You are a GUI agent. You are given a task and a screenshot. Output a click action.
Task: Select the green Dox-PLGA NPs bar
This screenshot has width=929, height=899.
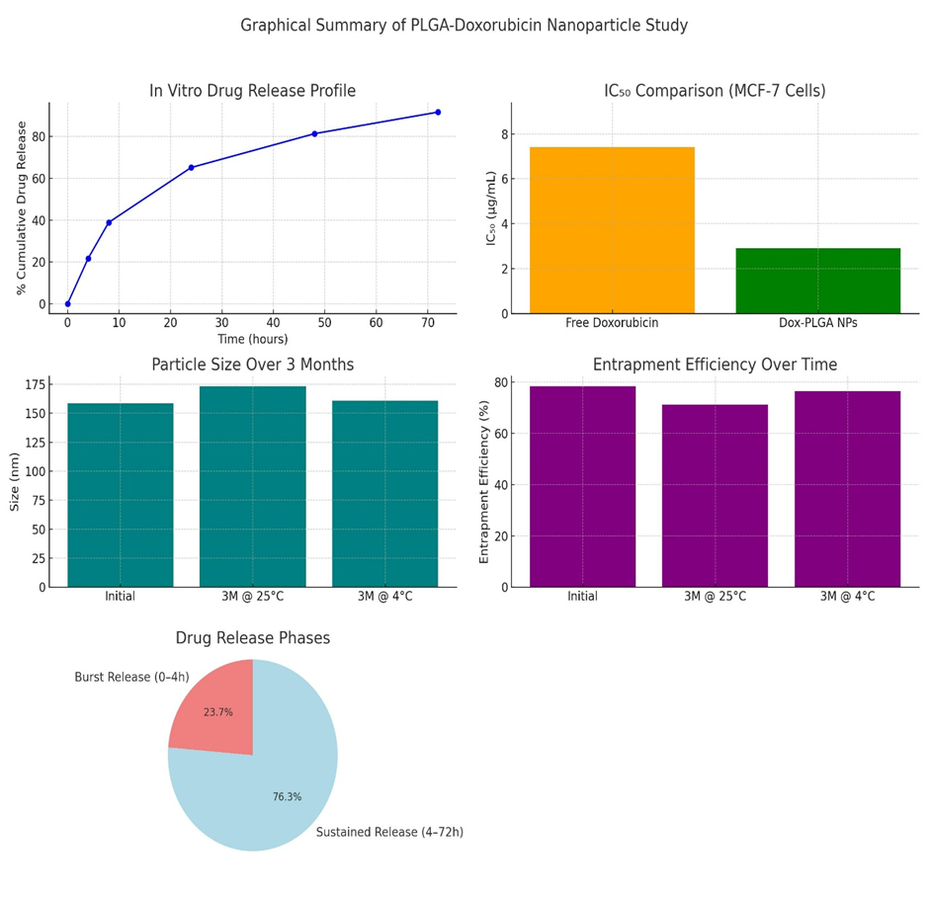817,281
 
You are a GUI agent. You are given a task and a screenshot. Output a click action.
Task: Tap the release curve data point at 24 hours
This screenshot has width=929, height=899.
191,168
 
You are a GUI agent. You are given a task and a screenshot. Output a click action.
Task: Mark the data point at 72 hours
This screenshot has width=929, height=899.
438,112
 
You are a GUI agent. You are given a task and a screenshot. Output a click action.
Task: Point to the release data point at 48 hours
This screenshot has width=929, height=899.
314,133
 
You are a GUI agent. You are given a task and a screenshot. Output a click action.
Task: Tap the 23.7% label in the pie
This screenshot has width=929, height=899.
217,712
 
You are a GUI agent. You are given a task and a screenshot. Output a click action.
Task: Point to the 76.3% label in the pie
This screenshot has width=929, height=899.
287,797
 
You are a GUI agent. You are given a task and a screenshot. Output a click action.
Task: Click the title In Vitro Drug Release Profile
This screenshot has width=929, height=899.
252,91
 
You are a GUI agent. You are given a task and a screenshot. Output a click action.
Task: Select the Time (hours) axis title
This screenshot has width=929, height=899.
252,339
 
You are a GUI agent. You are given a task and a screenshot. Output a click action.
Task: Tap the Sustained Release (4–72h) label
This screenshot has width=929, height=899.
389,833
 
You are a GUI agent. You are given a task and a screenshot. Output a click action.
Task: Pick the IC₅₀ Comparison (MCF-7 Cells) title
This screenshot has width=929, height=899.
715,91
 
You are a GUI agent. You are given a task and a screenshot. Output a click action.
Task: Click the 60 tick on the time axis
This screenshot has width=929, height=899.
376,322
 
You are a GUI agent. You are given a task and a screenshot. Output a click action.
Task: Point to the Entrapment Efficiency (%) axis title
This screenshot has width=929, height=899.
484,481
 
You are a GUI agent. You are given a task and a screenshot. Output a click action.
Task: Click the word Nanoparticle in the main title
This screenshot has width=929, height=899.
598,26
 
